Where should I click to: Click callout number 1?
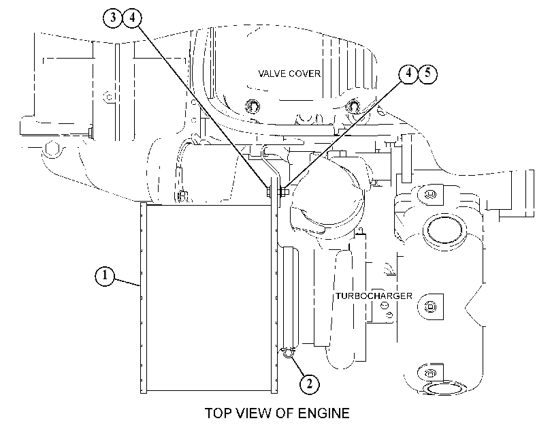(105, 276)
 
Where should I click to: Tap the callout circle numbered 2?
(309, 383)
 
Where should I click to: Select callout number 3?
(113, 17)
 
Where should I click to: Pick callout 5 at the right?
(427, 73)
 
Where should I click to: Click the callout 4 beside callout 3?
(132, 17)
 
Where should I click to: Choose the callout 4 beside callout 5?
(408, 73)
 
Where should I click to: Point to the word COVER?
(305, 74)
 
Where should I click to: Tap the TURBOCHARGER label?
(374, 296)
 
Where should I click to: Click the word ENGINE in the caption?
(324, 413)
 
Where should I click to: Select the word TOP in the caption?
(218, 413)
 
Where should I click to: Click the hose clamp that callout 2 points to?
(289, 352)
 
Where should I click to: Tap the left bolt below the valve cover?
(253, 106)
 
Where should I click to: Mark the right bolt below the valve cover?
(353, 106)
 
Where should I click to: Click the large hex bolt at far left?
(52, 148)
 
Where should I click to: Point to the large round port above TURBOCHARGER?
(444, 230)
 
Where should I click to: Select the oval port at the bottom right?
(444, 388)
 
